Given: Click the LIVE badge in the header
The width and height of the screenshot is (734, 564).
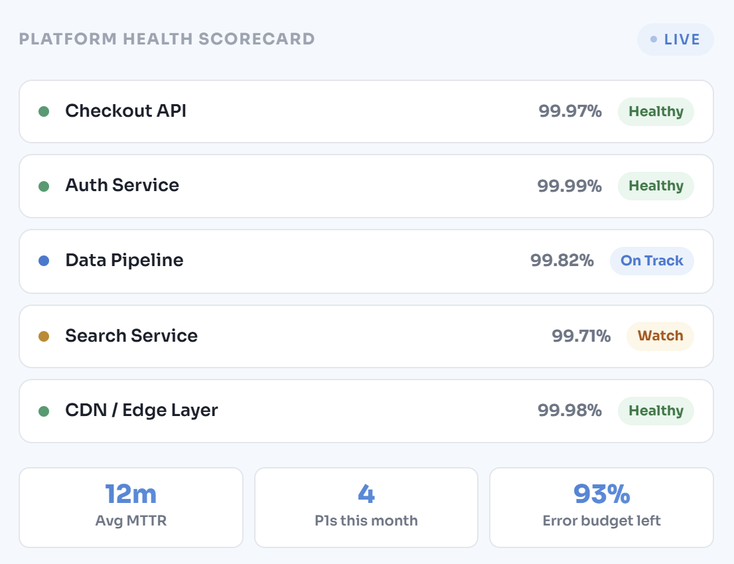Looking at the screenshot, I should [675, 39].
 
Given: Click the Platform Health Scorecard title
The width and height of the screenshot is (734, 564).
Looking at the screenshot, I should [167, 39].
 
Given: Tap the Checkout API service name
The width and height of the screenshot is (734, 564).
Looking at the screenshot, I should [125, 111].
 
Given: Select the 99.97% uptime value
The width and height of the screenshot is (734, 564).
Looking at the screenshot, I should [570, 111].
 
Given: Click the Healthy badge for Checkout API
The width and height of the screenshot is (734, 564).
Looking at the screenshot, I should [656, 111].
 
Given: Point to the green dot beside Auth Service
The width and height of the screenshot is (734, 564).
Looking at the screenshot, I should [44, 186].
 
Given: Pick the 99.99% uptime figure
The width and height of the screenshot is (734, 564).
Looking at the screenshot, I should [569, 186].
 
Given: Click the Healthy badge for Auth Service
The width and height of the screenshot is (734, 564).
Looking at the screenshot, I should [656, 186].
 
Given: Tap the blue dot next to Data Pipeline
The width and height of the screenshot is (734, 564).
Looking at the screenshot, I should [44, 261].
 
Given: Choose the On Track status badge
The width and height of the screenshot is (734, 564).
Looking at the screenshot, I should [652, 261].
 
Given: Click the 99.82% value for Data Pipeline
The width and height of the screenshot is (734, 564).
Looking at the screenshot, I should [562, 261].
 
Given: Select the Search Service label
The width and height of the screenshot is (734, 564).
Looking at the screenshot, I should [131, 336].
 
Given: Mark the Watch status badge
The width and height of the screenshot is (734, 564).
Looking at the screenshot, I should [660, 336].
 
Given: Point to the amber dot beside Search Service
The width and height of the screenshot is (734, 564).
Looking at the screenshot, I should [44, 336].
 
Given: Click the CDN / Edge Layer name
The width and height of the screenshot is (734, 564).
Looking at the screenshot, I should [141, 410].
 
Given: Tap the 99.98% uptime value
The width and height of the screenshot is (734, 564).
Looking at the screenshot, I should [569, 411].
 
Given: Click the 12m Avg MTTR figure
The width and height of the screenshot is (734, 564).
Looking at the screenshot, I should [131, 494].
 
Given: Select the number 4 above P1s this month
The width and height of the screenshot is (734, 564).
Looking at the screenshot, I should [366, 494].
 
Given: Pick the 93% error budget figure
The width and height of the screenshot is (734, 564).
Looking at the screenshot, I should [601, 494].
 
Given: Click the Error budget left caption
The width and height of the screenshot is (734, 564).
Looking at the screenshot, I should [601, 521].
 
